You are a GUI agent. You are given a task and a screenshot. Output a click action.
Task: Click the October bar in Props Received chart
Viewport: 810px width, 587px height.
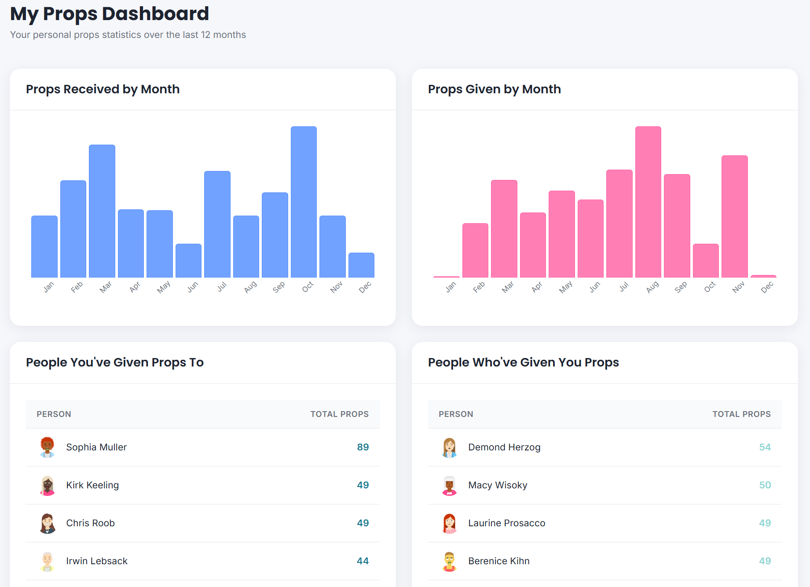[x=304, y=202]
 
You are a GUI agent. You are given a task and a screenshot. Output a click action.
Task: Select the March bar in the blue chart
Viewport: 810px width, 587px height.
[x=102, y=211]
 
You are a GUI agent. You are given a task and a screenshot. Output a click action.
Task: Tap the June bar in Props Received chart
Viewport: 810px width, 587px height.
[x=189, y=261]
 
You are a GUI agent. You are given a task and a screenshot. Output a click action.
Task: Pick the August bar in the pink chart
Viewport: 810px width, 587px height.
[x=648, y=202]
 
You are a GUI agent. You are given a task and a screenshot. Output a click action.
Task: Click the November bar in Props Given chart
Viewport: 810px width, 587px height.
[x=734, y=216]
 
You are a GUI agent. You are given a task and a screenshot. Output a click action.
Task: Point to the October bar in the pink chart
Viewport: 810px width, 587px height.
[x=705, y=261]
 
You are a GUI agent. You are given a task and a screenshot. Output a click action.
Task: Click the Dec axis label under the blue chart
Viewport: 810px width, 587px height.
[x=365, y=287]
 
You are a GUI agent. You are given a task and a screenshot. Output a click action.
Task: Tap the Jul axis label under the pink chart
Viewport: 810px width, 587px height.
[x=624, y=287]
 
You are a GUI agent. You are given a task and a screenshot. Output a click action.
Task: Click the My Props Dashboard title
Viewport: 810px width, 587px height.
[x=109, y=14]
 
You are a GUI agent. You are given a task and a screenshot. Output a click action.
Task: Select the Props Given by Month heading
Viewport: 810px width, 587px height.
[x=494, y=89]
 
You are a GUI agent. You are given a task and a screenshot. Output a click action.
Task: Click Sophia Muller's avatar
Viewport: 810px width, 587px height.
[x=47, y=447]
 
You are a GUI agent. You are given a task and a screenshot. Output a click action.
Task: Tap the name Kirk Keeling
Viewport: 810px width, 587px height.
[x=92, y=485]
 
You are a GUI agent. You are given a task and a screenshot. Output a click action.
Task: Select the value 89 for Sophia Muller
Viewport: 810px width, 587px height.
[x=362, y=447]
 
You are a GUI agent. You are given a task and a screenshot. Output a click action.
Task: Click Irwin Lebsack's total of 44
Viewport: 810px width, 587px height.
[x=362, y=561]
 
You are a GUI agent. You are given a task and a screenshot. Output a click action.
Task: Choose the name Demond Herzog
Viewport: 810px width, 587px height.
[x=504, y=447]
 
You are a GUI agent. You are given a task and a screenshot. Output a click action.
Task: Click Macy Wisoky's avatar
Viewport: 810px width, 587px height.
[x=449, y=485]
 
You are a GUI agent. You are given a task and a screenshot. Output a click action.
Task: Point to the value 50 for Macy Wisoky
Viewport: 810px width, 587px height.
[x=764, y=485]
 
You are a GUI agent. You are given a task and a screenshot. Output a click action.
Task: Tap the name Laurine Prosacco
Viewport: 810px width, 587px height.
[x=507, y=523]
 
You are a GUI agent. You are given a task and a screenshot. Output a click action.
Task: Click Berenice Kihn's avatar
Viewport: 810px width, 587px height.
[x=449, y=561]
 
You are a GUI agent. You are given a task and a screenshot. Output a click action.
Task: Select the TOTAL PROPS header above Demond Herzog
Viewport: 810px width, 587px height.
[x=741, y=414]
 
